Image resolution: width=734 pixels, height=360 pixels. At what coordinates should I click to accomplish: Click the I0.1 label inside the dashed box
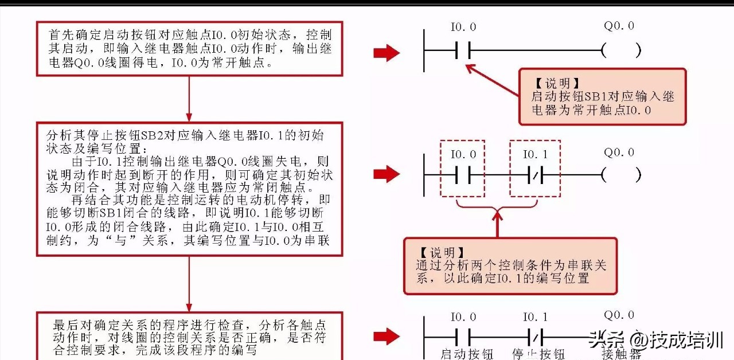click(535, 154)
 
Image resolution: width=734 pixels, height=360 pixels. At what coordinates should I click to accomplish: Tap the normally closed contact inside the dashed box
click(535, 174)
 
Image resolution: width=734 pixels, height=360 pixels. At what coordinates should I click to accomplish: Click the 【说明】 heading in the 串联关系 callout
click(440, 253)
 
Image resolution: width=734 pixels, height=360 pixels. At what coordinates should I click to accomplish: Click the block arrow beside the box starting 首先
click(386, 53)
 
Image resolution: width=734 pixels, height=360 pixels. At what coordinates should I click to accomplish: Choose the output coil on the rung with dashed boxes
click(621, 174)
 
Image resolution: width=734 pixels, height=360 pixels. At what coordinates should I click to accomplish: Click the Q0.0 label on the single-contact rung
click(619, 26)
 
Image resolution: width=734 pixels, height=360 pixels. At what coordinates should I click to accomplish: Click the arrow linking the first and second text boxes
click(189, 98)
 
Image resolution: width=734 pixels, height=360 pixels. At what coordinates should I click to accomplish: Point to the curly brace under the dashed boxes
click(497, 203)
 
